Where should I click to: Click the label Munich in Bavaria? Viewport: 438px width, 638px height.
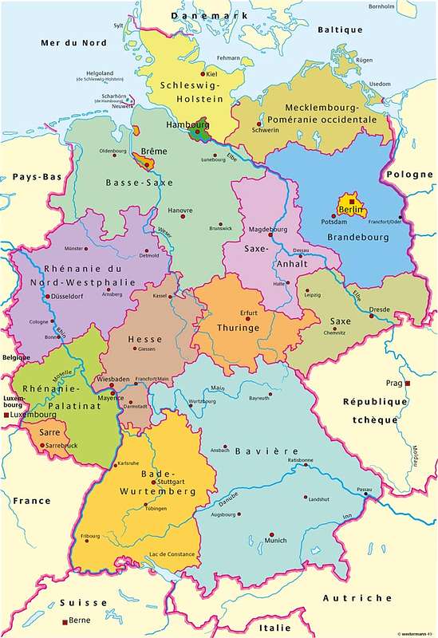275,540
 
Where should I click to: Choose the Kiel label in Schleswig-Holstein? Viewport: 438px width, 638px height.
212,73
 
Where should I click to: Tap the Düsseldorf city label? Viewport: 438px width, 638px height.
69,297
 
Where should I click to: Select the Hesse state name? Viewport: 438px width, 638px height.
146,339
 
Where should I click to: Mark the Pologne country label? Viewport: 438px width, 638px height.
410,175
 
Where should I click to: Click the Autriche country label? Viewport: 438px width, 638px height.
357,597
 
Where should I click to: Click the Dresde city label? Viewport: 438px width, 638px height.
379,309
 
